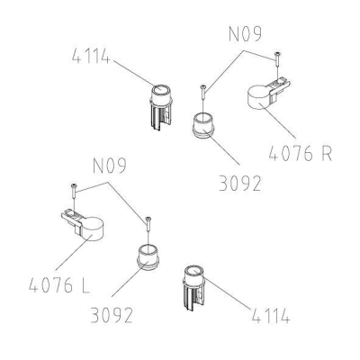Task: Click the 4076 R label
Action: [x=301, y=153]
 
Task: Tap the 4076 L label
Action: [x=59, y=284]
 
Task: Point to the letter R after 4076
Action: [x=326, y=153]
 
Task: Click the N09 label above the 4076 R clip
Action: [x=245, y=33]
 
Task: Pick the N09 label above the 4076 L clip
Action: [x=110, y=166]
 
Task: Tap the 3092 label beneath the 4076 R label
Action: [x=239, y=184]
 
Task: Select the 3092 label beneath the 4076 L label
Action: [x=112, y=315]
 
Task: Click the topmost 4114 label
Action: [x=91, y=56]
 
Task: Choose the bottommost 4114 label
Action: [x=271, y=315]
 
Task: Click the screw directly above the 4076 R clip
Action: [x=276, y=60]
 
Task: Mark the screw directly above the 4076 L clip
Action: [x=74, y=192]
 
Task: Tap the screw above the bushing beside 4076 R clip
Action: [x=203, y=92]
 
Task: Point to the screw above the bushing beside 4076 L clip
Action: [x=148, y=224]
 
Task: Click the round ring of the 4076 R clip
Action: [x=258, y=97]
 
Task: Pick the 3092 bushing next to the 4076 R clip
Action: [x=203, y=125]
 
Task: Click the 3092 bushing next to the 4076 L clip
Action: [x=148, y=257]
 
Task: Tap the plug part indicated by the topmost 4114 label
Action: [x=161, y=106]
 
